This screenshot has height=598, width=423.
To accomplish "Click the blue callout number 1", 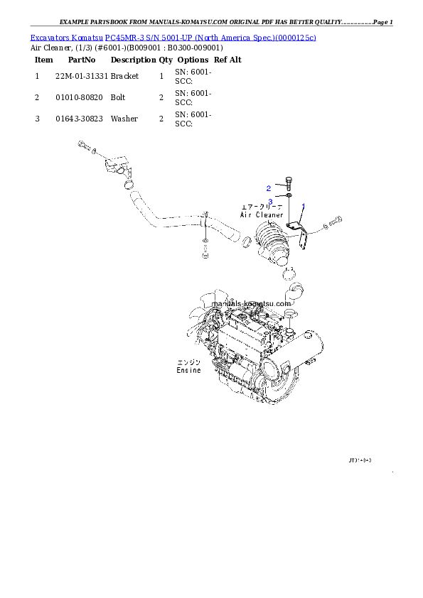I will coord(303,205).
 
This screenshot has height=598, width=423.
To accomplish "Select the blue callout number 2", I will coord(269,188).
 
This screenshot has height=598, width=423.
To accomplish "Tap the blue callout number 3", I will coord(271,201).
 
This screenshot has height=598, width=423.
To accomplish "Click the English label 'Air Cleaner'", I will coord(262,214).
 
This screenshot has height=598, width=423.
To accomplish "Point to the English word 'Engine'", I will coord(189,371).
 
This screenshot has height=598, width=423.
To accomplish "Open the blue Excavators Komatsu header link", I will coord(173,37).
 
